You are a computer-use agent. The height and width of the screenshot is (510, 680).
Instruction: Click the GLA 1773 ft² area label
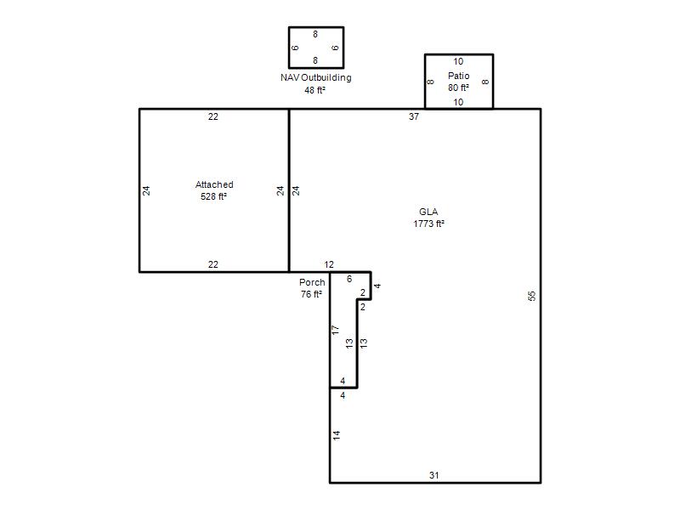pos(428,218)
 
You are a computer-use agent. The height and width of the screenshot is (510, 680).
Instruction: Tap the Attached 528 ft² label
pos(214,190)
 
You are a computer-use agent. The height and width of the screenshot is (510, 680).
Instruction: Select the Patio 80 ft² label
pos(458,82)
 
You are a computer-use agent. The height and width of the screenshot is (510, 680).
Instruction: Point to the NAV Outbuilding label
pos(315,77)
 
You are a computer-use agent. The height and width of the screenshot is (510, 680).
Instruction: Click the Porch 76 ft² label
pos(312,288)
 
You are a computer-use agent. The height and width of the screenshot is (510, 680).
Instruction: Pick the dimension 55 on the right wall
pos(532,296)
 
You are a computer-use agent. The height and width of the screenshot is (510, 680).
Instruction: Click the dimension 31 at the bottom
pos(434,475)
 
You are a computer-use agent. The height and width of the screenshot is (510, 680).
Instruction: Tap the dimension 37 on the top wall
pos(414,116)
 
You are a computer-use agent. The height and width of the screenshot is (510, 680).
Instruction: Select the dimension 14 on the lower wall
pos(337,435)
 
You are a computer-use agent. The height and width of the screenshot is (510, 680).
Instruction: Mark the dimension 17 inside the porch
pos(335,330)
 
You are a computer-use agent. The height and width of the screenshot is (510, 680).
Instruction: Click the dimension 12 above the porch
pos(329,264)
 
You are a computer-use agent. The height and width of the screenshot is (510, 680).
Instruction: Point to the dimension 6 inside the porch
pos(349,279)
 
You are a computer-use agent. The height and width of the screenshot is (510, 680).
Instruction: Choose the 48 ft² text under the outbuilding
pos(314,90)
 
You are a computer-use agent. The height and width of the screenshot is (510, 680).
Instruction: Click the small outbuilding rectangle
pos(289,48)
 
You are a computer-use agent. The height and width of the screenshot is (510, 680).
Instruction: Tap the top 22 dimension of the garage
pos(213,116)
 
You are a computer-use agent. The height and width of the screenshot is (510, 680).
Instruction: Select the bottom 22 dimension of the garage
pos(213,264)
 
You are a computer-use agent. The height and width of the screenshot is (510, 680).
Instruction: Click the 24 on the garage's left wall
pos(146,190)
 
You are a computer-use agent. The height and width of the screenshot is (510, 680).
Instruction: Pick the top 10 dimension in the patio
pos(458,61)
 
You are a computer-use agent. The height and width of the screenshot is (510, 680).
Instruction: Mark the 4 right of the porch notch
pos(377,286)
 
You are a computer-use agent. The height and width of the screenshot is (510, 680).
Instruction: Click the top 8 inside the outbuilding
pos(315,34)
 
